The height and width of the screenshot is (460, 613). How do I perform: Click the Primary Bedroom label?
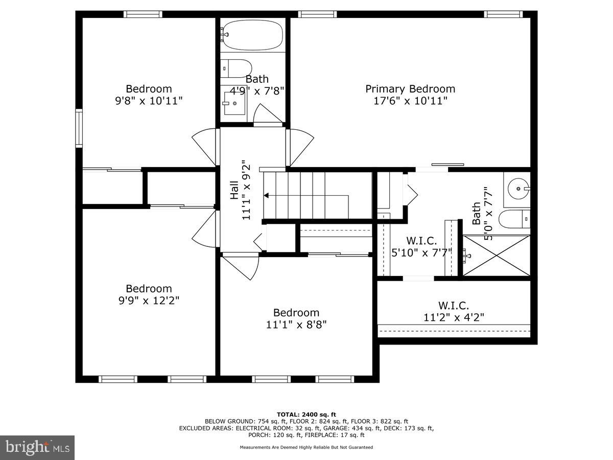coord(410,89)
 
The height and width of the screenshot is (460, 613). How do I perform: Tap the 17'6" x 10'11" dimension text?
coord(410,101)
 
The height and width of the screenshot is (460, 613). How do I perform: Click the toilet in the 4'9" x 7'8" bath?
coord(237,68)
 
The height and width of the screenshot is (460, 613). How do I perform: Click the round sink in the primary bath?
coord(518,189)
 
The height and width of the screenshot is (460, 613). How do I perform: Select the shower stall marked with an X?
coord(497,256)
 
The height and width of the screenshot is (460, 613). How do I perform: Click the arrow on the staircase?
coord(267,195)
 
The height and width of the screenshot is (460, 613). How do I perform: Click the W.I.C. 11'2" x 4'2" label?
coord(454,311)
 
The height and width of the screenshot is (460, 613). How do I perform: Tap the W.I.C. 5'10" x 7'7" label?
coord(421,246)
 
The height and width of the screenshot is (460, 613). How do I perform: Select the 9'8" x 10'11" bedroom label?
coord(149,95)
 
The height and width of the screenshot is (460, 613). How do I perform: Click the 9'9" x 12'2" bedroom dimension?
coord(149,301)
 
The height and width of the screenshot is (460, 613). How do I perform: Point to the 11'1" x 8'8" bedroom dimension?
coord(296,324)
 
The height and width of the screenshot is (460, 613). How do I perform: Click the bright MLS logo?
coord(37,447)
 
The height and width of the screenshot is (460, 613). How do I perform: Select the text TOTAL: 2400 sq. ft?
coord(306,414)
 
